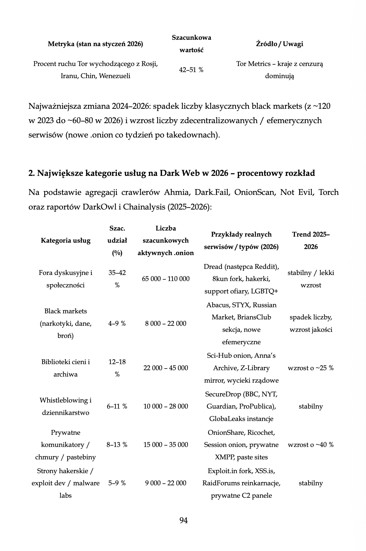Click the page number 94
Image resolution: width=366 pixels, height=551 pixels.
(x=184, y=520)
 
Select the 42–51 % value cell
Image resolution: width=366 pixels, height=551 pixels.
(x=191, y=70)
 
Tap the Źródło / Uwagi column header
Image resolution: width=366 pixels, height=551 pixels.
(x=279, y=44)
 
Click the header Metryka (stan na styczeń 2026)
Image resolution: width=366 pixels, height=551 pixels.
(x=95, y=44)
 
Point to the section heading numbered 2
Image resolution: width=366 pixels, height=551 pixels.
(x=171, y=173)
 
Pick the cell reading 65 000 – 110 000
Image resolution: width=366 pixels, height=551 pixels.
(x=166, y=279)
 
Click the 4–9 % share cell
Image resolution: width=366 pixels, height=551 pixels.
(x=117, y=324)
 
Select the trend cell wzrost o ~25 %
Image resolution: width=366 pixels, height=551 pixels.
(x=311, y=368)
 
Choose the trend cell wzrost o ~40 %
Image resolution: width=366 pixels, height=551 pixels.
(x=311, y=445)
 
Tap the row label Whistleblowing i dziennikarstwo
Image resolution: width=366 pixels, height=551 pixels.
(x=66, y=406)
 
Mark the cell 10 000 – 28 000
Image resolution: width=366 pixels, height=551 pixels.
(x=166, y=406)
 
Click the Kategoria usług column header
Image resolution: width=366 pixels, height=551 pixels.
(x=66, y=240)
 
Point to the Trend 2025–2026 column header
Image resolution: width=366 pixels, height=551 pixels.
(x=311, y=240)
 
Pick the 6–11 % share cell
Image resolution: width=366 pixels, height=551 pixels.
(x=117, y=406)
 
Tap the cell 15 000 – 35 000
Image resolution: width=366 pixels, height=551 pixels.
(x=166, y=445)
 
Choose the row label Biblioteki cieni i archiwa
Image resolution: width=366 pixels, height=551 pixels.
(x=66, y=368)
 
